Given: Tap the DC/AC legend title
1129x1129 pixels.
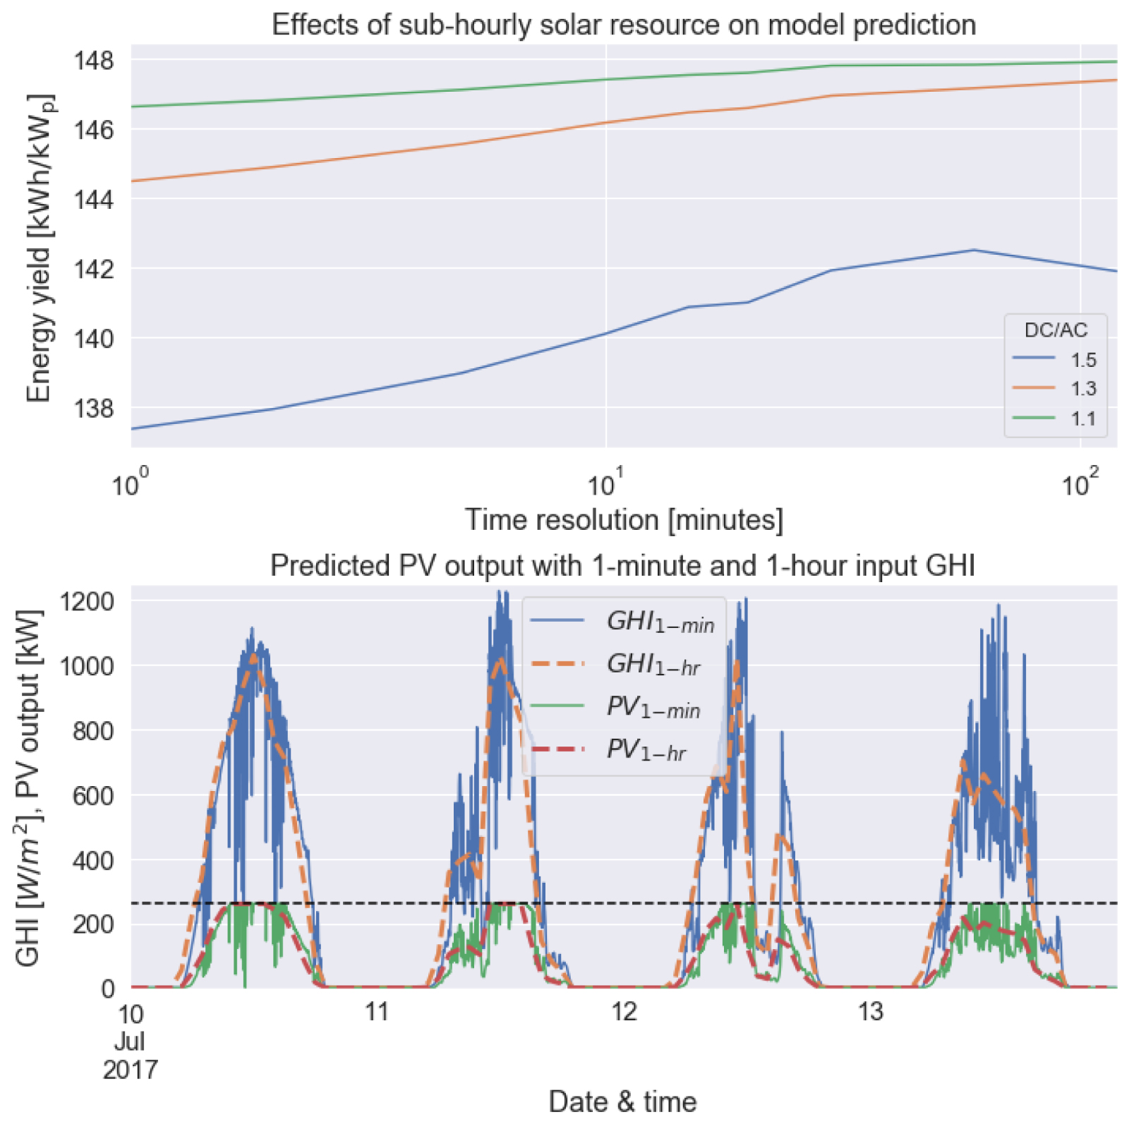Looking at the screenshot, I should click(1056, 330).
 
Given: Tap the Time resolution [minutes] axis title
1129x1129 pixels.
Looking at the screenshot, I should click(624, 520).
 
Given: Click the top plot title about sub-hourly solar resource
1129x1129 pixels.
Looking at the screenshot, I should click(624, 25).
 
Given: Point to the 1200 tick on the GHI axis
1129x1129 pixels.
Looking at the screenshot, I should click(87, 601).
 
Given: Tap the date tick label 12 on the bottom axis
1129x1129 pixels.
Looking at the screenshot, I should click(624, 1012).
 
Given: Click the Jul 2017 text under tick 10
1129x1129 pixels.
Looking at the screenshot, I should click(130, 1056).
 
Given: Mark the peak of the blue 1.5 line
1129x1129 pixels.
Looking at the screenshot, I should click(974, 250).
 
